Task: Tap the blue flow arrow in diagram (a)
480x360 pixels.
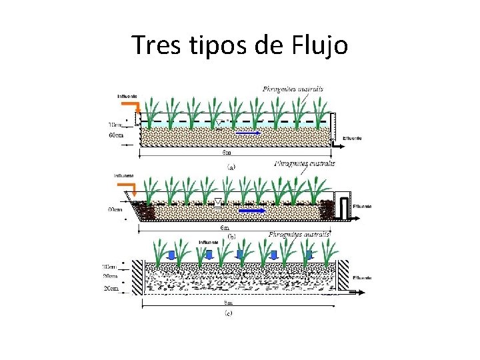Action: (x=247, y=134)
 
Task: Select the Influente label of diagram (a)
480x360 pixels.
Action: (x=128, y=97)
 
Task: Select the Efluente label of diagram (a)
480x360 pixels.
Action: (x=352, y=138)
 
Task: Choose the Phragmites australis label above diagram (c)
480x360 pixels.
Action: (x=299, y=234)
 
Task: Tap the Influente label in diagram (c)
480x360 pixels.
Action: (x=209, y=242)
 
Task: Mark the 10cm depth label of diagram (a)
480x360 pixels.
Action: (x=115, y=125)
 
